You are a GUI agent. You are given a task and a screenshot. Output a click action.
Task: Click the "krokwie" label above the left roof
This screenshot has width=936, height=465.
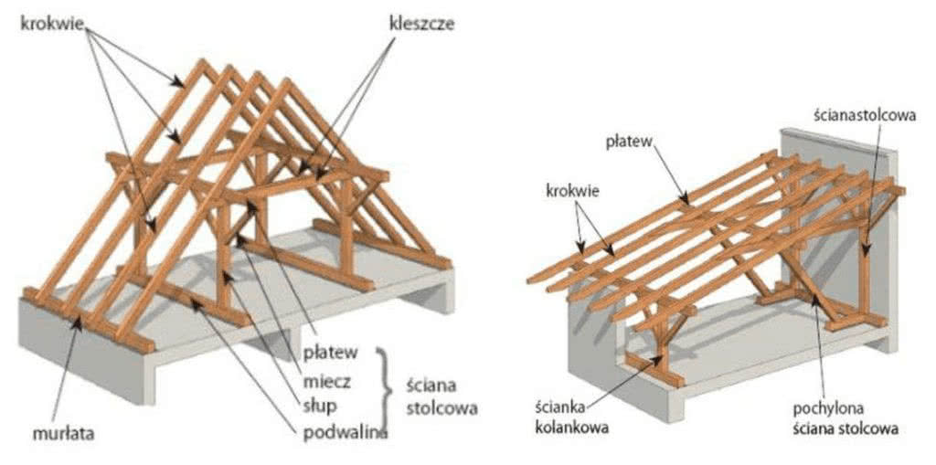(x=52, y=25)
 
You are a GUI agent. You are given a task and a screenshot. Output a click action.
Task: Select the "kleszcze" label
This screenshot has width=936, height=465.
(x=422, y=25)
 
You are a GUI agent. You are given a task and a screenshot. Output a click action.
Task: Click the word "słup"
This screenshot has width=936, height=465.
(x=322, y=407)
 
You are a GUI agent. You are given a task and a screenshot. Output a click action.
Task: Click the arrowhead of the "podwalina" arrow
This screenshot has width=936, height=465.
(x=195, y=302)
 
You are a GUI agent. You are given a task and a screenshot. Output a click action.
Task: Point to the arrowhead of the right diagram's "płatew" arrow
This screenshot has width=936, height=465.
(x=686, y=201)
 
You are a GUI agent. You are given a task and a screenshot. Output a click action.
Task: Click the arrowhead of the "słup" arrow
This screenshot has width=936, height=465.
(x=227, y=276)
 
